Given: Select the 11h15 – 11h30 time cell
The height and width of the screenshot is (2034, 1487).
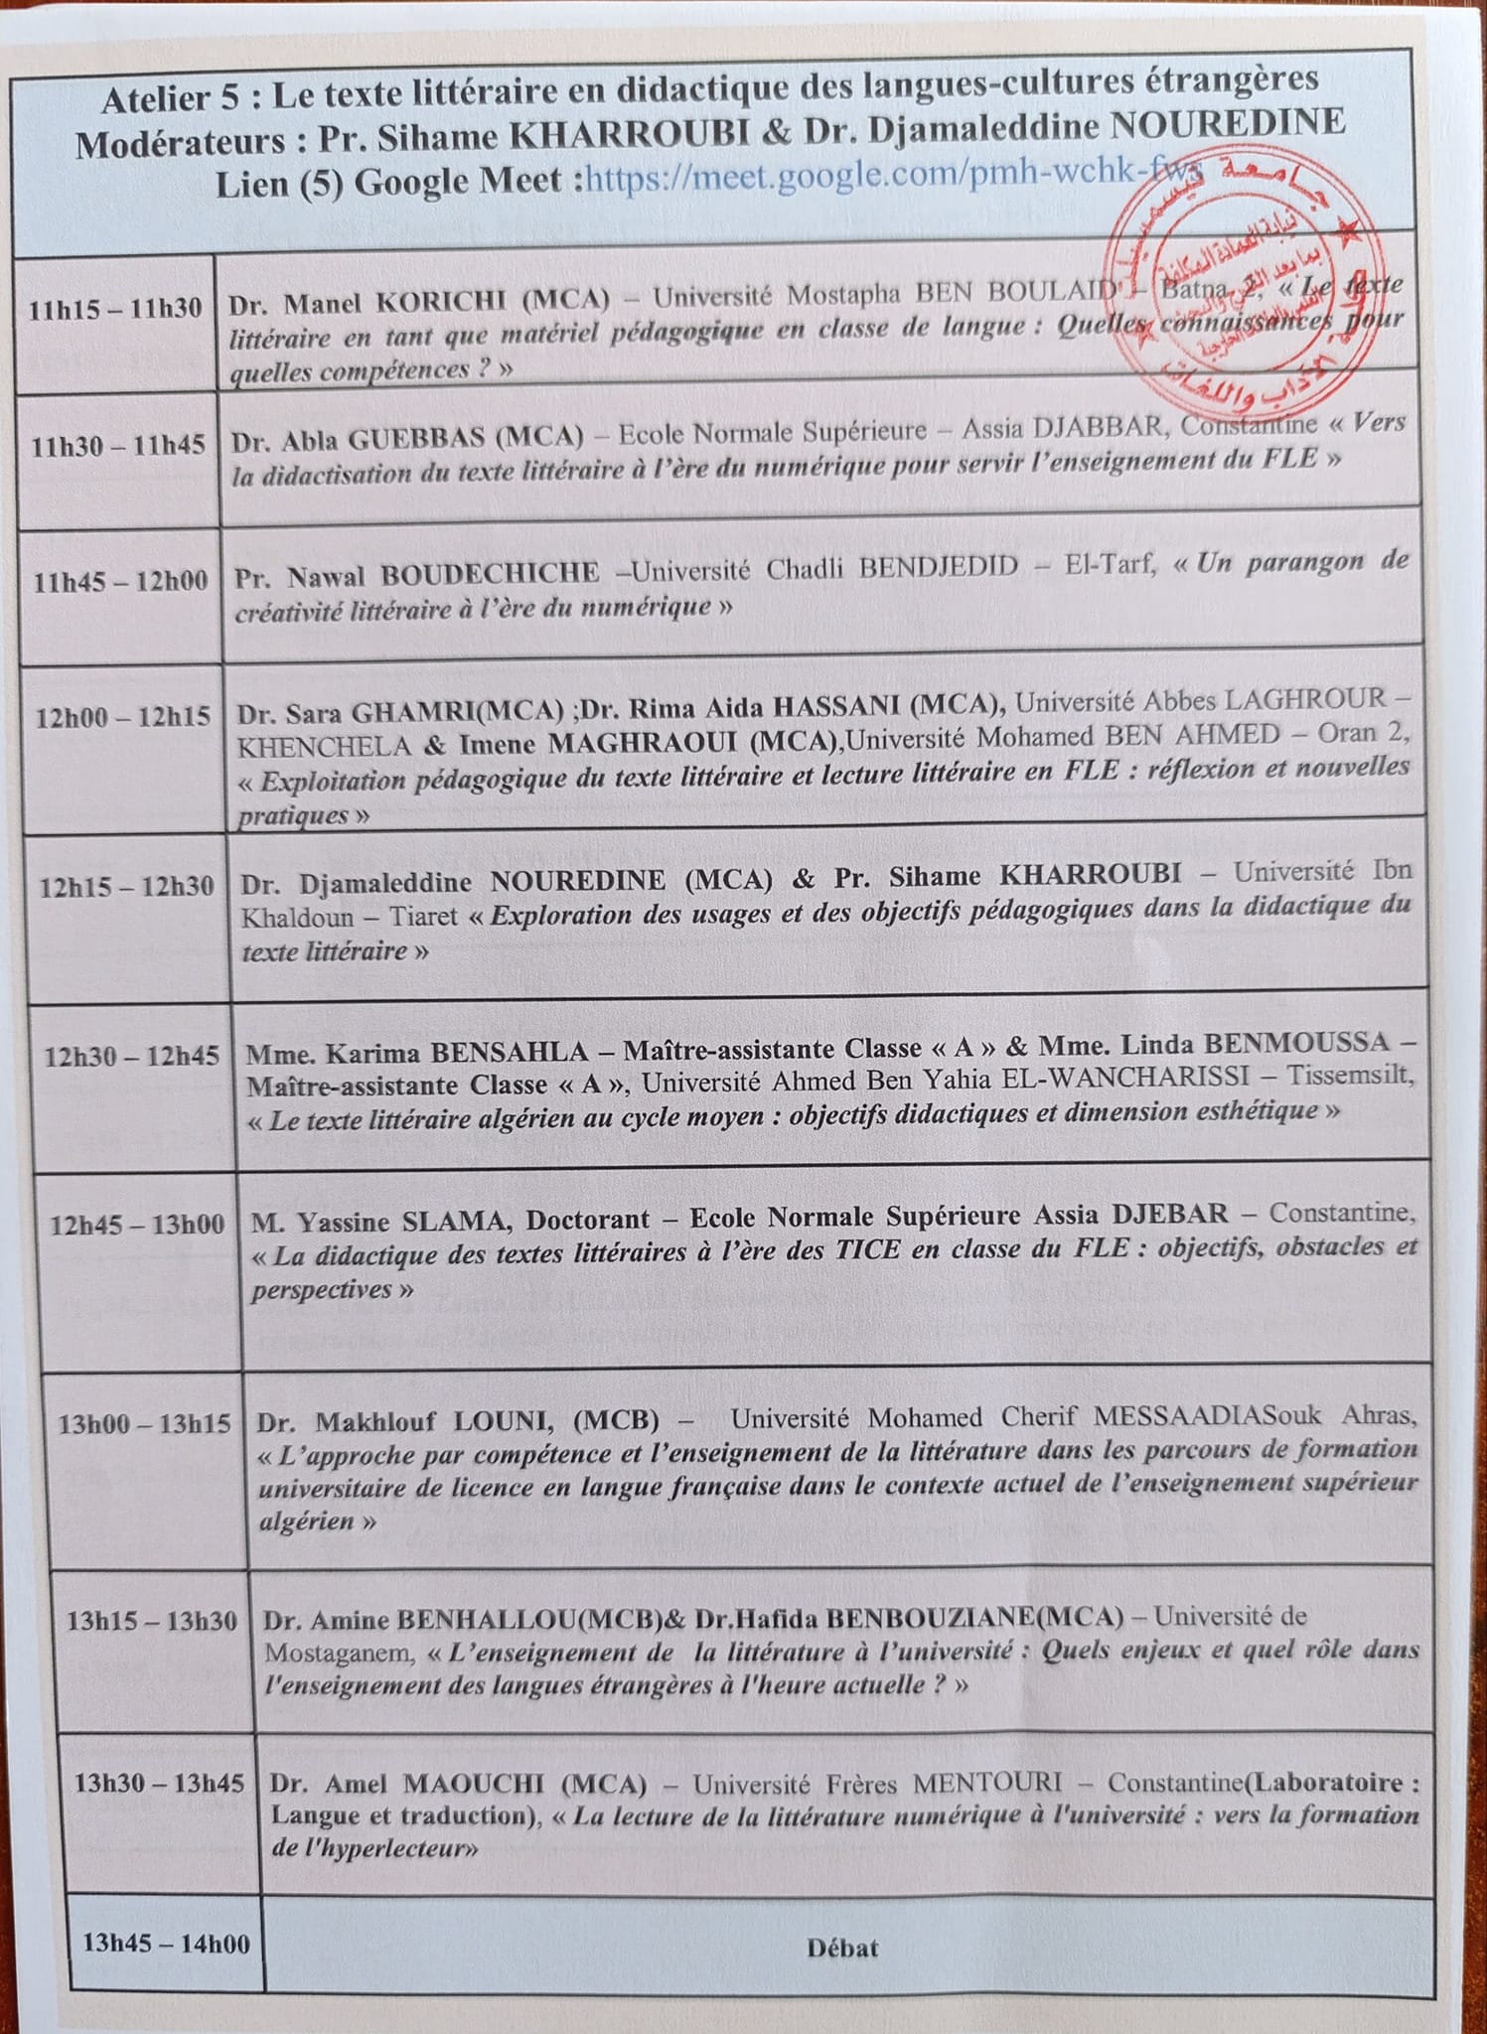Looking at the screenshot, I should tap(115, 310).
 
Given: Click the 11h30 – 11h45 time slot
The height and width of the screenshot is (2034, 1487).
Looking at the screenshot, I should tap(118, 446).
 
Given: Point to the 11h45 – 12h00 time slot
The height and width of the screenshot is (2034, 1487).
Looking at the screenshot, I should tap(121, 581).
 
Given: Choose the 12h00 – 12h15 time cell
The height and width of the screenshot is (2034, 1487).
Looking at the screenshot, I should tap(123, 717).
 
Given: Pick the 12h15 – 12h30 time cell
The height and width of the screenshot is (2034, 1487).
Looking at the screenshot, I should tap(126, 886).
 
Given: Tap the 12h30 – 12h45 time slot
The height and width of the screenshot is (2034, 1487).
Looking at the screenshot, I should tap(131, 1056).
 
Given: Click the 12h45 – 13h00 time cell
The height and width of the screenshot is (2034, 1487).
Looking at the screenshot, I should tap(137, 1225).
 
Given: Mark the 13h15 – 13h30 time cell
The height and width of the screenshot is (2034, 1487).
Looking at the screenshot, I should tap(152, 1623).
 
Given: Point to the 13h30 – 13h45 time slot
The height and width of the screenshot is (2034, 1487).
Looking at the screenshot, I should tap(159, 1784).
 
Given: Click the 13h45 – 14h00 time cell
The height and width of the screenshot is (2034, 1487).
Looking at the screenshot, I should tap(166, 1943).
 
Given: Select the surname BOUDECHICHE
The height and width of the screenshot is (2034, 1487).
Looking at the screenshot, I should tap(491, 573).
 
